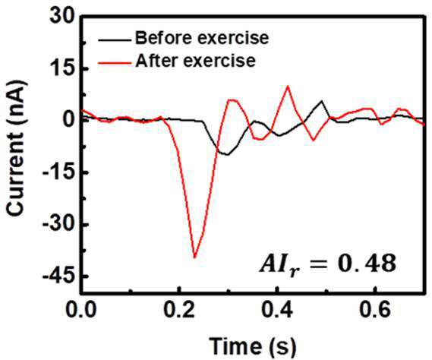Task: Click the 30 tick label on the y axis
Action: pyautogui.click(x=62, y=17)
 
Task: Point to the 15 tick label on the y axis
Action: pyautogui.click(x=63, y=69)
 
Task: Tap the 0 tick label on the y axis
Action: pyautogui.click(x=68, y=121)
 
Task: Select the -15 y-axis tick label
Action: pyautogui.click(x=58, y=172)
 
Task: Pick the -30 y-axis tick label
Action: pyautogui.click(x=58, y=224)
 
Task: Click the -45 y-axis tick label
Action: pyautogui.click(x=58, y=276)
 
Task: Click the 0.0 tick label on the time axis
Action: pyautogui.click(x=81, y=310)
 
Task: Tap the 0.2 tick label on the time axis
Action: pyautogui.click(x=179, y=310)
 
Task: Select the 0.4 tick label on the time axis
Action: pyautogui.click(x=277, y=310)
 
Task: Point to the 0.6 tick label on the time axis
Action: pyautogui.click(x=375, y=310)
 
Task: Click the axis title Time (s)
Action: pyautogui.click(x=252, y=346)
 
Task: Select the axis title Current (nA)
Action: pyautogui.click(x=17, y=148)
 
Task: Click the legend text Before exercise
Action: pyautogui.click(x=202, y=38)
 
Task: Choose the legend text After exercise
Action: pyautogui.click(x=195, y=60)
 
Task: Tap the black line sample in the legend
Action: pyautogui.click(x=115, y=40)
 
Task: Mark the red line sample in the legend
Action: pyautogui.click(x=115, y=63)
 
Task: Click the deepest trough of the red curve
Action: pyautogui.click(x=195, y=257)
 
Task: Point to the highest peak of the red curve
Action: pyautogui.click(x=288, y=87)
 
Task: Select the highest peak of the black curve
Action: pyautogui.click(x=321, y=101)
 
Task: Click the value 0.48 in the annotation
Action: pyautogui.click(x=367, y=264)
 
